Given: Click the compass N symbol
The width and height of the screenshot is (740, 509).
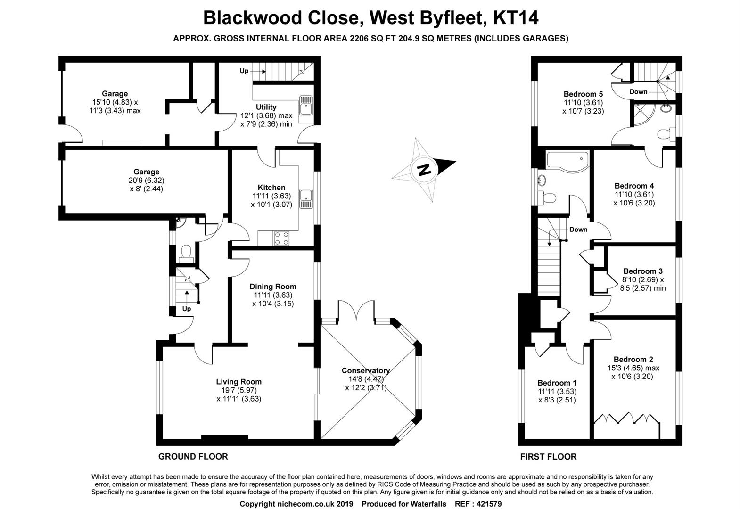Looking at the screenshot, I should (425, 169).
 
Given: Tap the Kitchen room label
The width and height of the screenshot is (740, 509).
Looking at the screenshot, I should (271, 188).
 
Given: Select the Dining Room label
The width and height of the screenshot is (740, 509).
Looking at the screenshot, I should (273, 287).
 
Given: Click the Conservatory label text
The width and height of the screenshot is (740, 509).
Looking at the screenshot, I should (366, 371).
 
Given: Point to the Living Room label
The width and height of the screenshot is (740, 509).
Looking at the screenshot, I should (238, 382).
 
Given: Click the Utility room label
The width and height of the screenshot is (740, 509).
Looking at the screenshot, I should (266, 107).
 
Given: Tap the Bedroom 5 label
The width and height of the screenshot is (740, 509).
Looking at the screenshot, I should (583, 94).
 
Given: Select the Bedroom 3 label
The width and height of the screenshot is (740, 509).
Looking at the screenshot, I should (642, 271).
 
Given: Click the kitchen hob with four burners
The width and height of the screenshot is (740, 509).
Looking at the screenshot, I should (282, 238).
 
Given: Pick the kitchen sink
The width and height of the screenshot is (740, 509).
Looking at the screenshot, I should (308, 198).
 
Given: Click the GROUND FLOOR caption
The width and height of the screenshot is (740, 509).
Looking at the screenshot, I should (193, 456).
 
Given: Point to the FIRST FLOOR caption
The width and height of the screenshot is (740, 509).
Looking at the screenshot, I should (548, 456).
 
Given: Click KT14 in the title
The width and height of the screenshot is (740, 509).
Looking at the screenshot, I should (515, 18).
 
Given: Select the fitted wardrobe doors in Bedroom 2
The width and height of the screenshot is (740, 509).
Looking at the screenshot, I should (626, 419).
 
